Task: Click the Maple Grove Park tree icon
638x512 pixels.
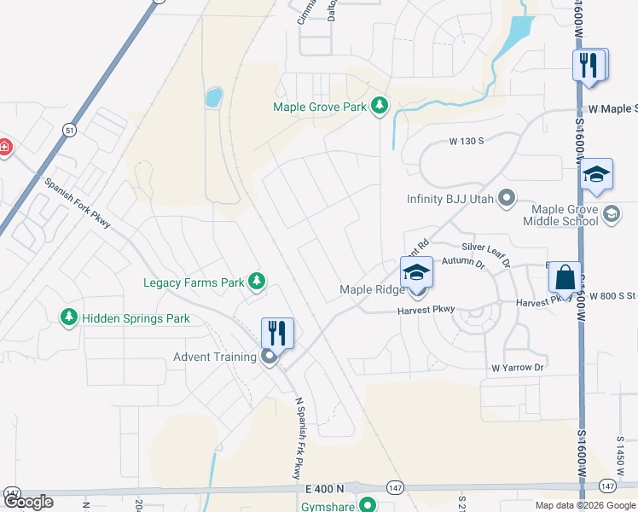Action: click(x=380, y=107)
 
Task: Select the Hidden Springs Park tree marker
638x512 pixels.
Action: click(x=69, y=318)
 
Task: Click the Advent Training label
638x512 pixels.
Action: click(x=214, y=357)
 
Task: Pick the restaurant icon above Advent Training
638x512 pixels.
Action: click(x=277, y=332)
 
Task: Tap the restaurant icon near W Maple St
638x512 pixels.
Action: click(x=589, y=65)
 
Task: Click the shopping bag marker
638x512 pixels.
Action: click(x=565, y=277)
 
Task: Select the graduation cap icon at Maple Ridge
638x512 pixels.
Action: click(x=416, y=272)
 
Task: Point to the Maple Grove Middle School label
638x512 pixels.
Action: click(x=565, y=215)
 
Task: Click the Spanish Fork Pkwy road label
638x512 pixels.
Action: click(x=78, y=203)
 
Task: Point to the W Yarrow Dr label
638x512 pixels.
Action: click(x=517, y=368)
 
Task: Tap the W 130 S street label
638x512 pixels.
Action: click(x=461, y=140)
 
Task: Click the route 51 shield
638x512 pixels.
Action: click(x=68, y=129)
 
